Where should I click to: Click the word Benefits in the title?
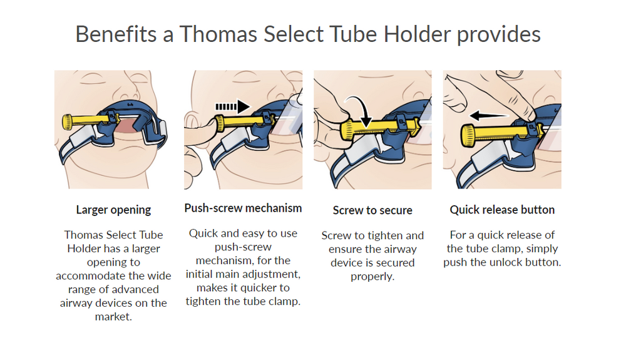coord(116,34)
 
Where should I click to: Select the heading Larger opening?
coord(113,210)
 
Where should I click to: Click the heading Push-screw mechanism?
coord(243,208)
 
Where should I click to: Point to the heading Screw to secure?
coord(372,210)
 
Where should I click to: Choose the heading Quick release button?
coord(502,210)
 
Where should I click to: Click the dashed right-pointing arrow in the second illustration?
coord(233,106)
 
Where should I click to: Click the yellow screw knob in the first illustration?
coord(68,121)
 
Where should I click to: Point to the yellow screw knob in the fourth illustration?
coord(468,135)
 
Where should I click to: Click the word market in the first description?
coord(113,317)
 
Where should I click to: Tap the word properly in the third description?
coord(372,277)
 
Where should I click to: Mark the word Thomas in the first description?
coord(80,235)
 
